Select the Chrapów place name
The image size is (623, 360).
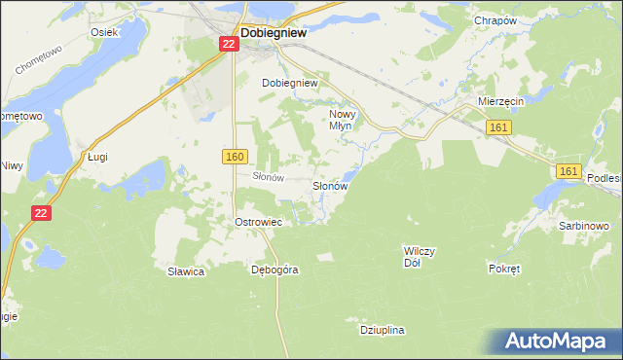(494, 20)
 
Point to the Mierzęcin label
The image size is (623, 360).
(501, 101)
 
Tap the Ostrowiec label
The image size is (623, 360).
(258, 222)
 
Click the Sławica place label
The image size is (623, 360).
(185, 272)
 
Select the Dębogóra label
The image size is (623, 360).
(274, 270)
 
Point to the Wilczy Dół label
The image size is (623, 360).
(420, 257)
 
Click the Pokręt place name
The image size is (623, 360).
(505, 266)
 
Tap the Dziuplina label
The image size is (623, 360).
(382, 331)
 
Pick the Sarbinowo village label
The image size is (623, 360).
(584, 226)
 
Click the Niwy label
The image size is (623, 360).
(11, 165)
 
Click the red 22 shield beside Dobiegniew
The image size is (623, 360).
(226, 44)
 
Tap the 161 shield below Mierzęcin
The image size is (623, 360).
(497, 127)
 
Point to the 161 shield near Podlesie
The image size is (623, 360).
(570, 170)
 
